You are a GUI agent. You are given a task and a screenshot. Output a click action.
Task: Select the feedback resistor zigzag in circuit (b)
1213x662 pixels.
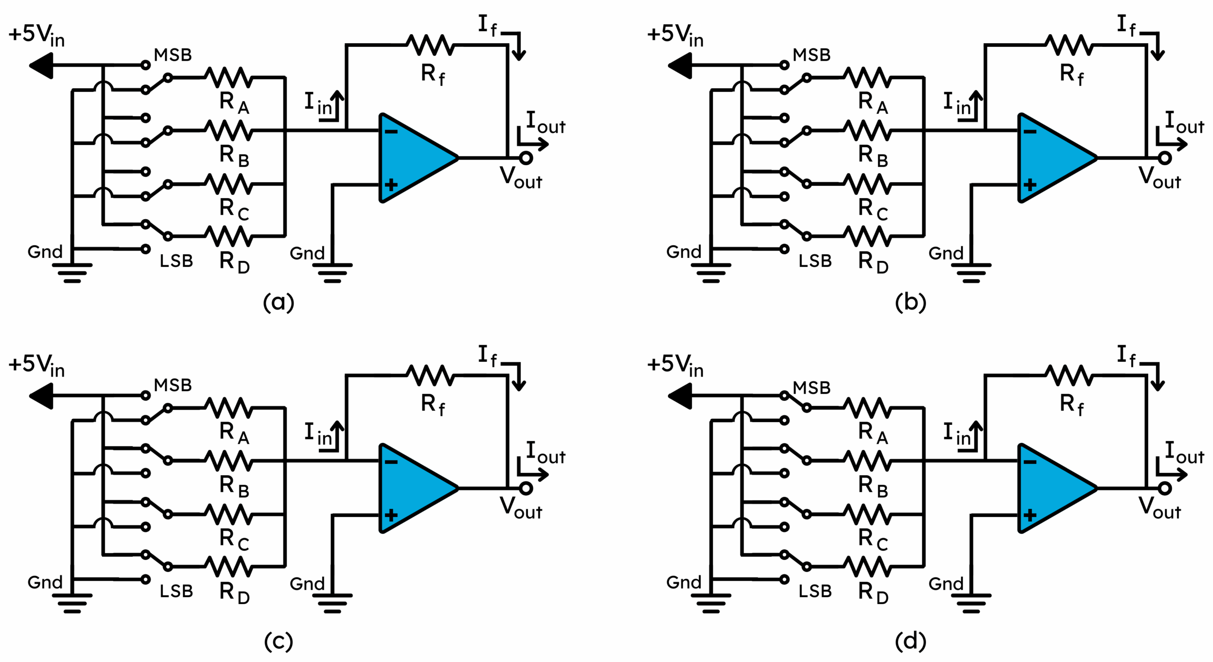[x=1069, y=45]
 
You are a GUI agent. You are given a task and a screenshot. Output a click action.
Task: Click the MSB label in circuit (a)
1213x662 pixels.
[x=173, y=55]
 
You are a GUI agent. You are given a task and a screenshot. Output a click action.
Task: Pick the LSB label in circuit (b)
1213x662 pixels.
[x=815, y=261]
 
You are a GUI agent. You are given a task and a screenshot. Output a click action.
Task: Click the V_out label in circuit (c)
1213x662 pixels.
[x=521, y=508]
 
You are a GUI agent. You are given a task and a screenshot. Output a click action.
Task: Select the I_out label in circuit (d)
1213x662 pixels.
[x=1184, y=453]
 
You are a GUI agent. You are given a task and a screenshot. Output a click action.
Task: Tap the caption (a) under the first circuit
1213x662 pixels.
[x=279, y=302]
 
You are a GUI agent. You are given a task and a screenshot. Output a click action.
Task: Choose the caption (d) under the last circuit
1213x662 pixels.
[x=910, y=641]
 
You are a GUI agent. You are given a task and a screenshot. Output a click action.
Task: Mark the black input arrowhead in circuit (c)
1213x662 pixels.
[x=42, y=395]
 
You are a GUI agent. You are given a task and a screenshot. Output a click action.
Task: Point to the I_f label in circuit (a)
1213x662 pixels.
[x=488, y=25]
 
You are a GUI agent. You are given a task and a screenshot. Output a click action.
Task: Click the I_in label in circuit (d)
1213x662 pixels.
[x=957, y=434]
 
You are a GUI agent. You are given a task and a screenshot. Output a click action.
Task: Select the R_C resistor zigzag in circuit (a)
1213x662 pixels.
[x=228, y=184]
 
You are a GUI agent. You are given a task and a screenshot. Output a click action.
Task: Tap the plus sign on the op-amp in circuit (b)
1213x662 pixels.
[x=1030, y=184]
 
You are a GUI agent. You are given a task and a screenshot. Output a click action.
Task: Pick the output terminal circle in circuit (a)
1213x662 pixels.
[x=526, y=158]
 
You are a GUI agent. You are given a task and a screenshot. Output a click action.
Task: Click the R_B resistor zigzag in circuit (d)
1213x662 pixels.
[x=867, y=460]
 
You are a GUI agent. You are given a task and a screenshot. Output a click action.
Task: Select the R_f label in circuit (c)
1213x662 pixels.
[x=433, y=405]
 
